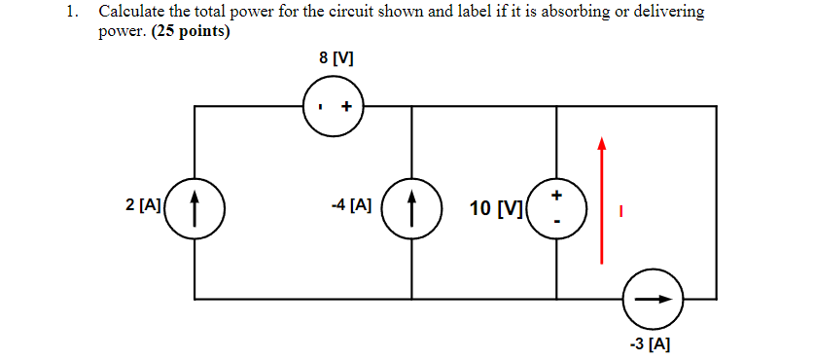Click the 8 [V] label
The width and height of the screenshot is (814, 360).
pos(336,58)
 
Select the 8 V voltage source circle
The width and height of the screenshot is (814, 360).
pos(334,106)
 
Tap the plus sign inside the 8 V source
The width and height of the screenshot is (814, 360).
pos(345,107)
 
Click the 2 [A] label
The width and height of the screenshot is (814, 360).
pos(143,205)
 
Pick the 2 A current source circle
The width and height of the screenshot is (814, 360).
pos(195,208)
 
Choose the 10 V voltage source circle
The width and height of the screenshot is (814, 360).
pos(555,208)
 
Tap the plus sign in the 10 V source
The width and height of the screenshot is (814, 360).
pos(556,196)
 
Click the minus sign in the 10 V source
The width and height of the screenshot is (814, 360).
pos(556,222)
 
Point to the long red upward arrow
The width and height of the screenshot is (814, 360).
pos(602,199)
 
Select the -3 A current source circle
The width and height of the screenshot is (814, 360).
pos(653,299)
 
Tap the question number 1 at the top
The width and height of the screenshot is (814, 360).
pos(71,13)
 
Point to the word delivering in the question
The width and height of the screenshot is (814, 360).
pos(666,13)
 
